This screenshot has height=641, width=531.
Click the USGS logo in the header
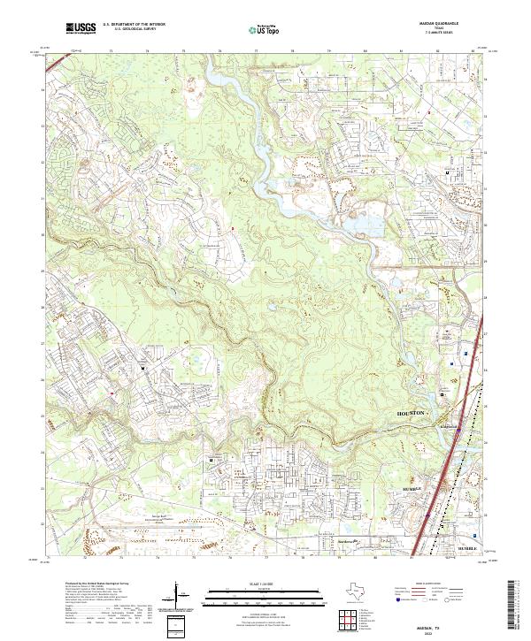pyautogui.click(x=81, y=28)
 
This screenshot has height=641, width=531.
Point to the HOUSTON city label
pyautogui.click(x=412, y=413)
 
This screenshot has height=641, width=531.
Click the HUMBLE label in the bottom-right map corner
pyautogui.click(x=466, y=549)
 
